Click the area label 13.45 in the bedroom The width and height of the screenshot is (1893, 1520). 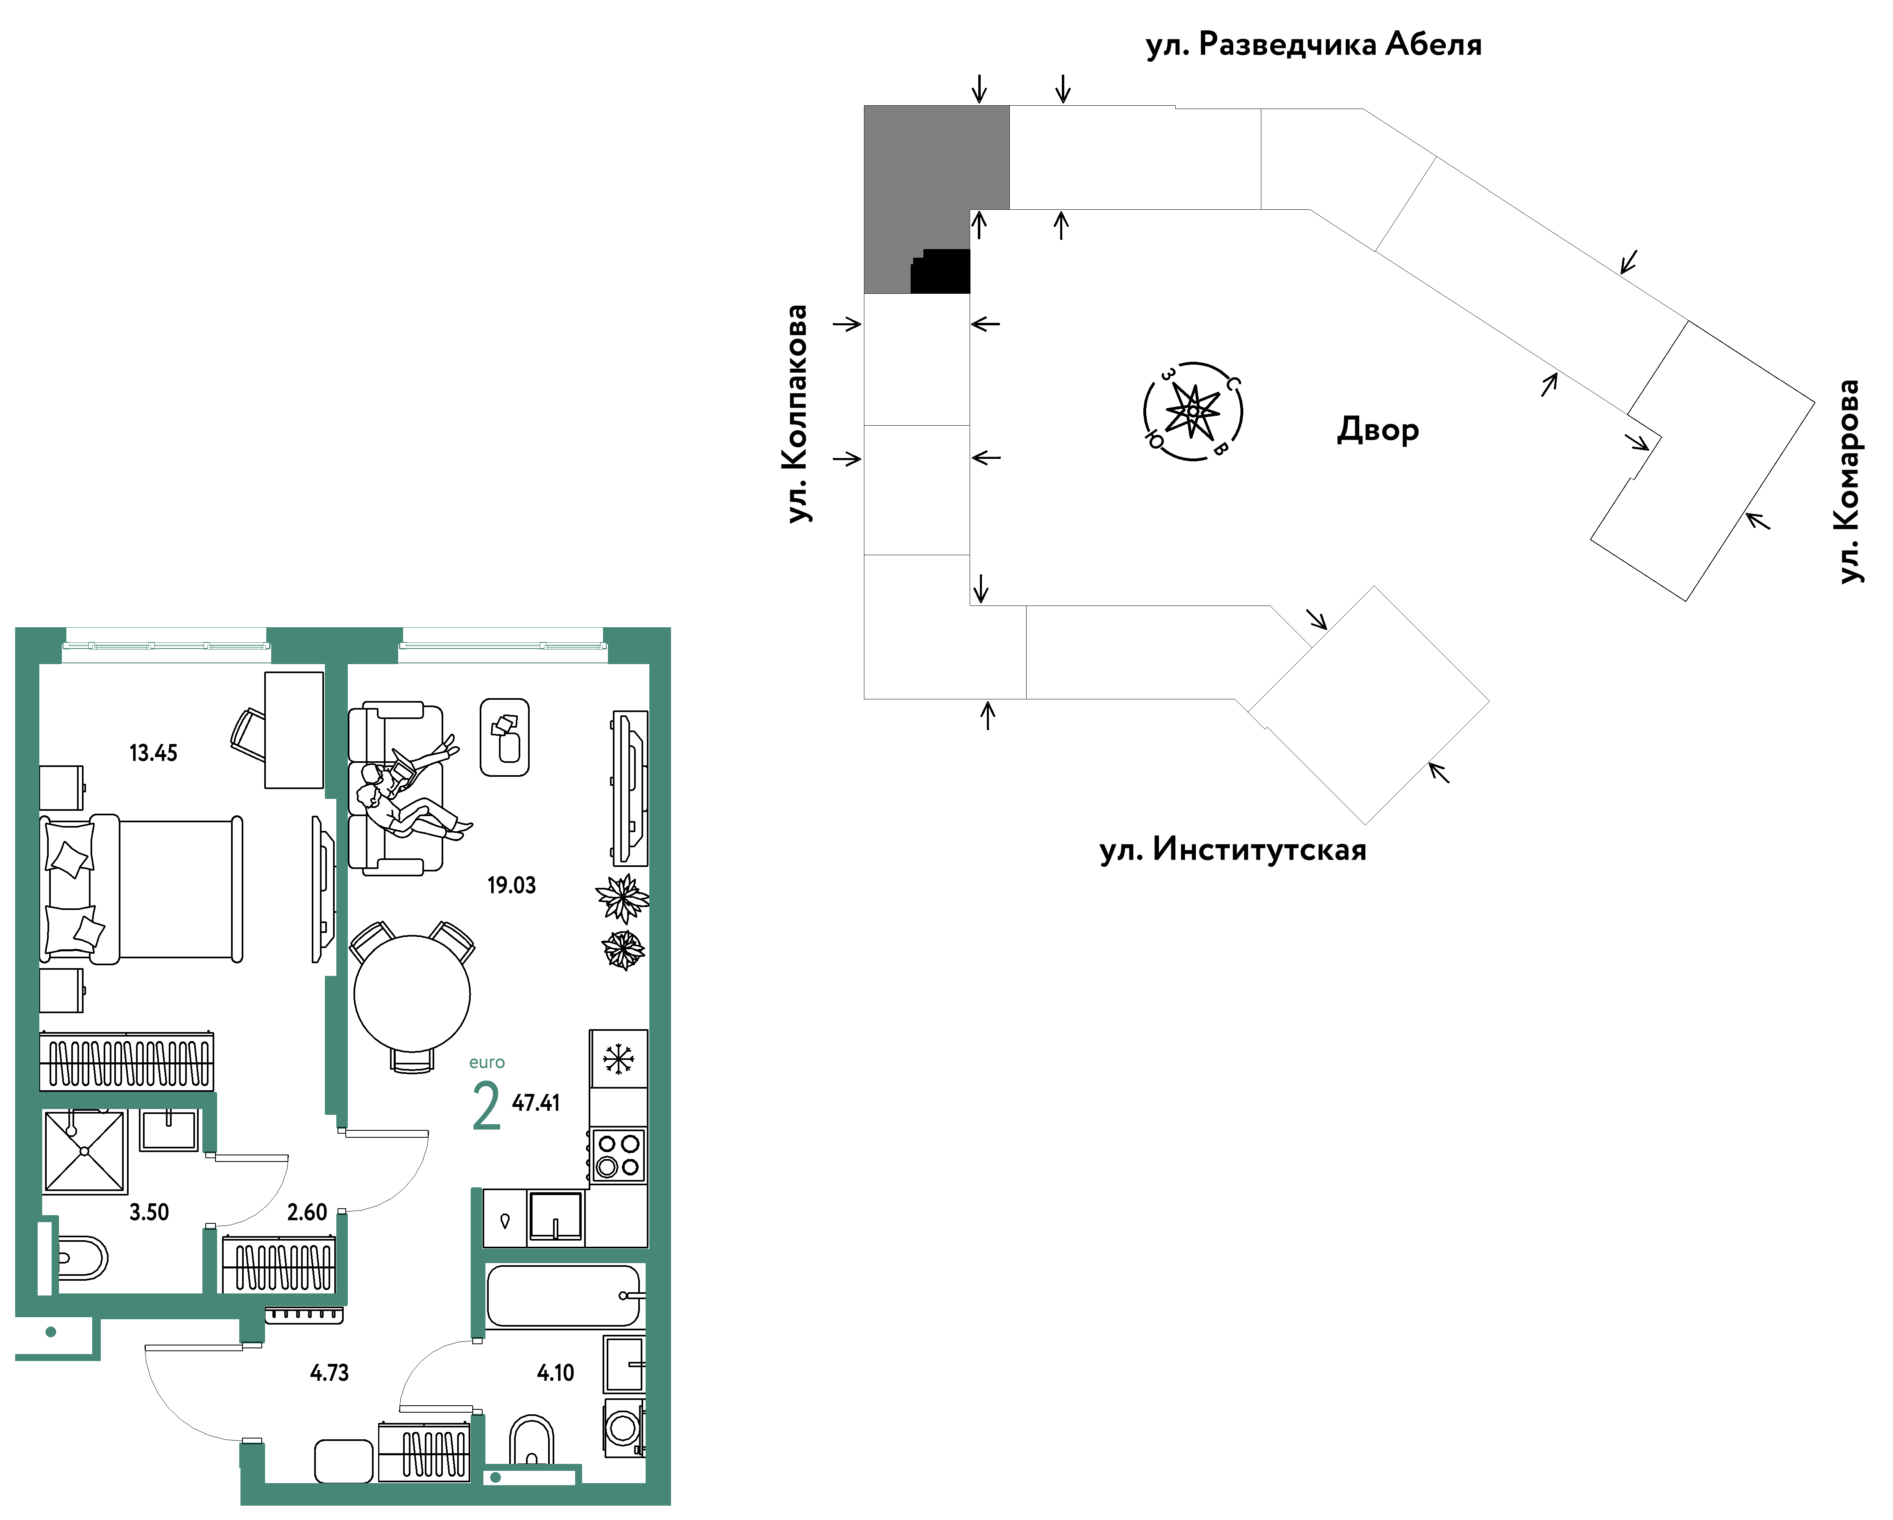pyautogui.click(x=154, y=753)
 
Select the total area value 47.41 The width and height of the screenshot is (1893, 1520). pyautogui.click(x=535, y=1103)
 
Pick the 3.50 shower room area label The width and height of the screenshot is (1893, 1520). pyautogui.click(x=149, y=1213)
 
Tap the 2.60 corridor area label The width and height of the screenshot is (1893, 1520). pyautogui.click(x=307, y=1213)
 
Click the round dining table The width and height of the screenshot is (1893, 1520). pyautogui.click(x=412, y=993)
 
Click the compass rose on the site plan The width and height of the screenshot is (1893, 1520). pyautogui.click(x=1193, y=411)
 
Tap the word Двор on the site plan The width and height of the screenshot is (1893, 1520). pyautogui.click(x=1378, y=430)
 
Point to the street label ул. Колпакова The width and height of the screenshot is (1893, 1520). pyautogui.click(x=797, y=413)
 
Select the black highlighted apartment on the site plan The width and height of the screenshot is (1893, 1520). pyautogui.click(x=940, y=271)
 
